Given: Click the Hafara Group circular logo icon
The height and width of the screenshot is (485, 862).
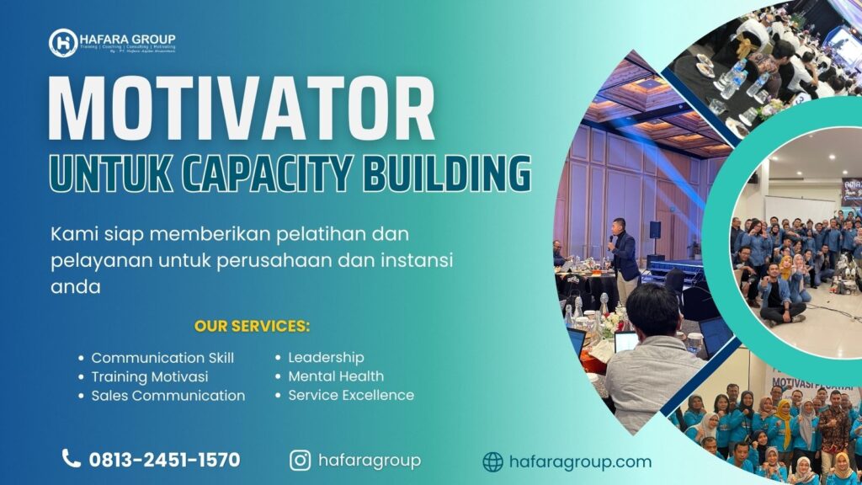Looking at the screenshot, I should tap(62, 42).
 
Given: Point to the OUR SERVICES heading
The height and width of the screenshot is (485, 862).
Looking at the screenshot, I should tap(252, 326).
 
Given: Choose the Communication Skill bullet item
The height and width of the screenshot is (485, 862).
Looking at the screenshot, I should tap(162, 358).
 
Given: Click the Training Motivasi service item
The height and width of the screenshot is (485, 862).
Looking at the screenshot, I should tap(149, 376).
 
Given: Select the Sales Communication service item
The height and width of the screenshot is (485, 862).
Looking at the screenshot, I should tap(168, 396).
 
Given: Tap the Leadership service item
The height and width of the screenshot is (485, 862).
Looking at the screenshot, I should tap(326, 358).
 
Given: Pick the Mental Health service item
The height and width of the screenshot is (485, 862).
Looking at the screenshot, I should tap(336, 376).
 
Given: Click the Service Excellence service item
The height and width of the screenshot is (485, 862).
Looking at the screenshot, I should tap(351, 395).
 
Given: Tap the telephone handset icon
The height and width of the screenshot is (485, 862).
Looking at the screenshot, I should tap(72, 459).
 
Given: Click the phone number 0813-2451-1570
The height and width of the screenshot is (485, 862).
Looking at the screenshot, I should tap(164, 460).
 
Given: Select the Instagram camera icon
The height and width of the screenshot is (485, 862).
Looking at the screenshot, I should tap(300, 460).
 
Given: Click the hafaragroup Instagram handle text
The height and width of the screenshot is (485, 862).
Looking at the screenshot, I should tap(369, 460).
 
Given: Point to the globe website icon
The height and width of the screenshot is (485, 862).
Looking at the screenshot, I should tap(492, 461).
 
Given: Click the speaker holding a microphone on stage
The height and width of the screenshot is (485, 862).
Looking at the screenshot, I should tap(624, 257).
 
